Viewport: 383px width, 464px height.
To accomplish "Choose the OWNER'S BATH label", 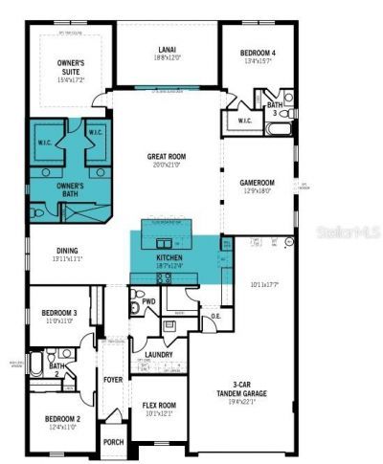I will tap(69, 189).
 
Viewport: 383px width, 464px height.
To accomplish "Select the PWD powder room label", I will tap(148, 301).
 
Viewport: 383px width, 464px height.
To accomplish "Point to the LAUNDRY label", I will tap(159, 354).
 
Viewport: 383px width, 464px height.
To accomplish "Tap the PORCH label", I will tap(114, 442).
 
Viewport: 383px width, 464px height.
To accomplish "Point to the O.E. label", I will tap(216, 316).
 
